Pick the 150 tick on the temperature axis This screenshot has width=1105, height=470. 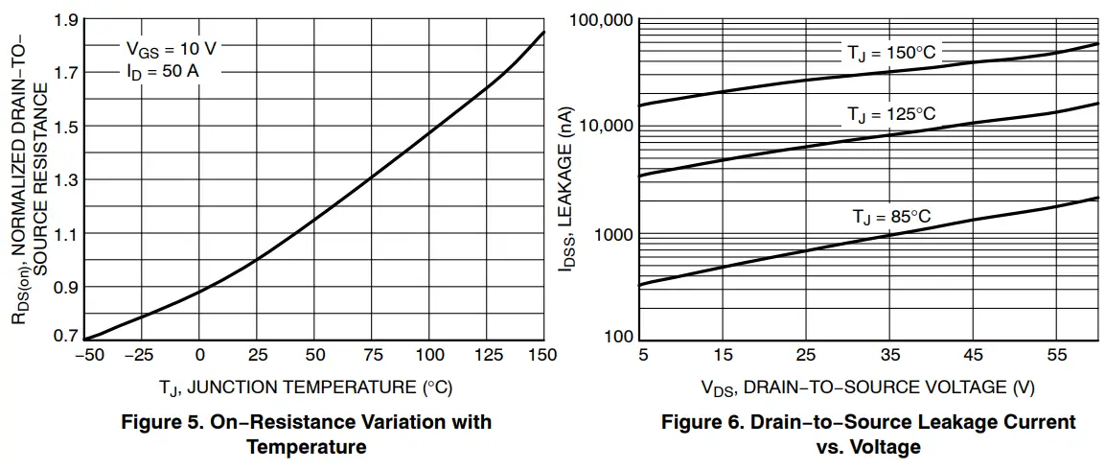tap(542, 356)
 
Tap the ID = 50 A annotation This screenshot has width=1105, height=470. tap(163, 72)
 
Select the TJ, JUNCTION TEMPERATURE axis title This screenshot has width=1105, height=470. tap(306, 388)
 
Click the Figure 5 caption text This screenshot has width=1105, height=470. tap(306, 434)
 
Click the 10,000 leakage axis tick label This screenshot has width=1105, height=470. tap(604, 126)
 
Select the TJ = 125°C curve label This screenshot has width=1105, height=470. tap(890, 114)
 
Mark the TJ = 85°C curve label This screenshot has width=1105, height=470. tap(892, 217)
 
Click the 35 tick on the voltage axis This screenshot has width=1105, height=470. tap(890, 356)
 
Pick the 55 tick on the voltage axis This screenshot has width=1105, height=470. tap(1057, 356)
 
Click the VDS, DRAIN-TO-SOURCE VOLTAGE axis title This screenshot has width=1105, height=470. tap(868, 388)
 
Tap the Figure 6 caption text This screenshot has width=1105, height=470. tap(868, 434)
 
